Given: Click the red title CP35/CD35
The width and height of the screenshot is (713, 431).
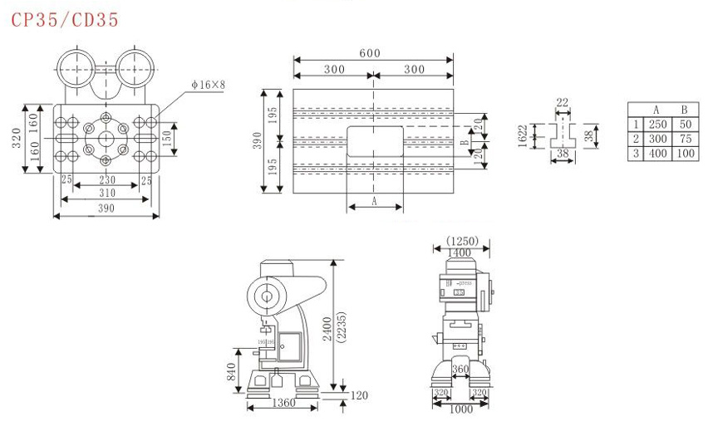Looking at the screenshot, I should pos(65,19).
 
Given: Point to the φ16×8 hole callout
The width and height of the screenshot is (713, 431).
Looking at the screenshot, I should pos(209,84).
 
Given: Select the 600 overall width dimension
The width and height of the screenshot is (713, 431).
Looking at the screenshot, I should pos(370,53).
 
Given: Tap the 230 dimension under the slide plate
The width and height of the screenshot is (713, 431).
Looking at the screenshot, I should pos(107,180).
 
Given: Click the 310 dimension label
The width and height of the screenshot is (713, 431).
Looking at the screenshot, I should pos(106,193).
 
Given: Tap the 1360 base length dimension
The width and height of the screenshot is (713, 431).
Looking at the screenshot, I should pos(283,404).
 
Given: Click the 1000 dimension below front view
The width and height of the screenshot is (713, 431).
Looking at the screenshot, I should pos(460,409).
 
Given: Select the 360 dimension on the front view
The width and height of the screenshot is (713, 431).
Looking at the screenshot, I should pos(460,369).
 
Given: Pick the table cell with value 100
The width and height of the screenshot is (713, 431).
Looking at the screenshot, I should pos(684,154).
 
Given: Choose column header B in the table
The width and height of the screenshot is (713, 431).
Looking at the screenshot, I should pos(684,109).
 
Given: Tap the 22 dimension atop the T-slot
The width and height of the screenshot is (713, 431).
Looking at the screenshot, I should pos(563,103).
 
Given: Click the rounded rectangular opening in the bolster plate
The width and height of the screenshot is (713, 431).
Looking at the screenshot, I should pos(374,140).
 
